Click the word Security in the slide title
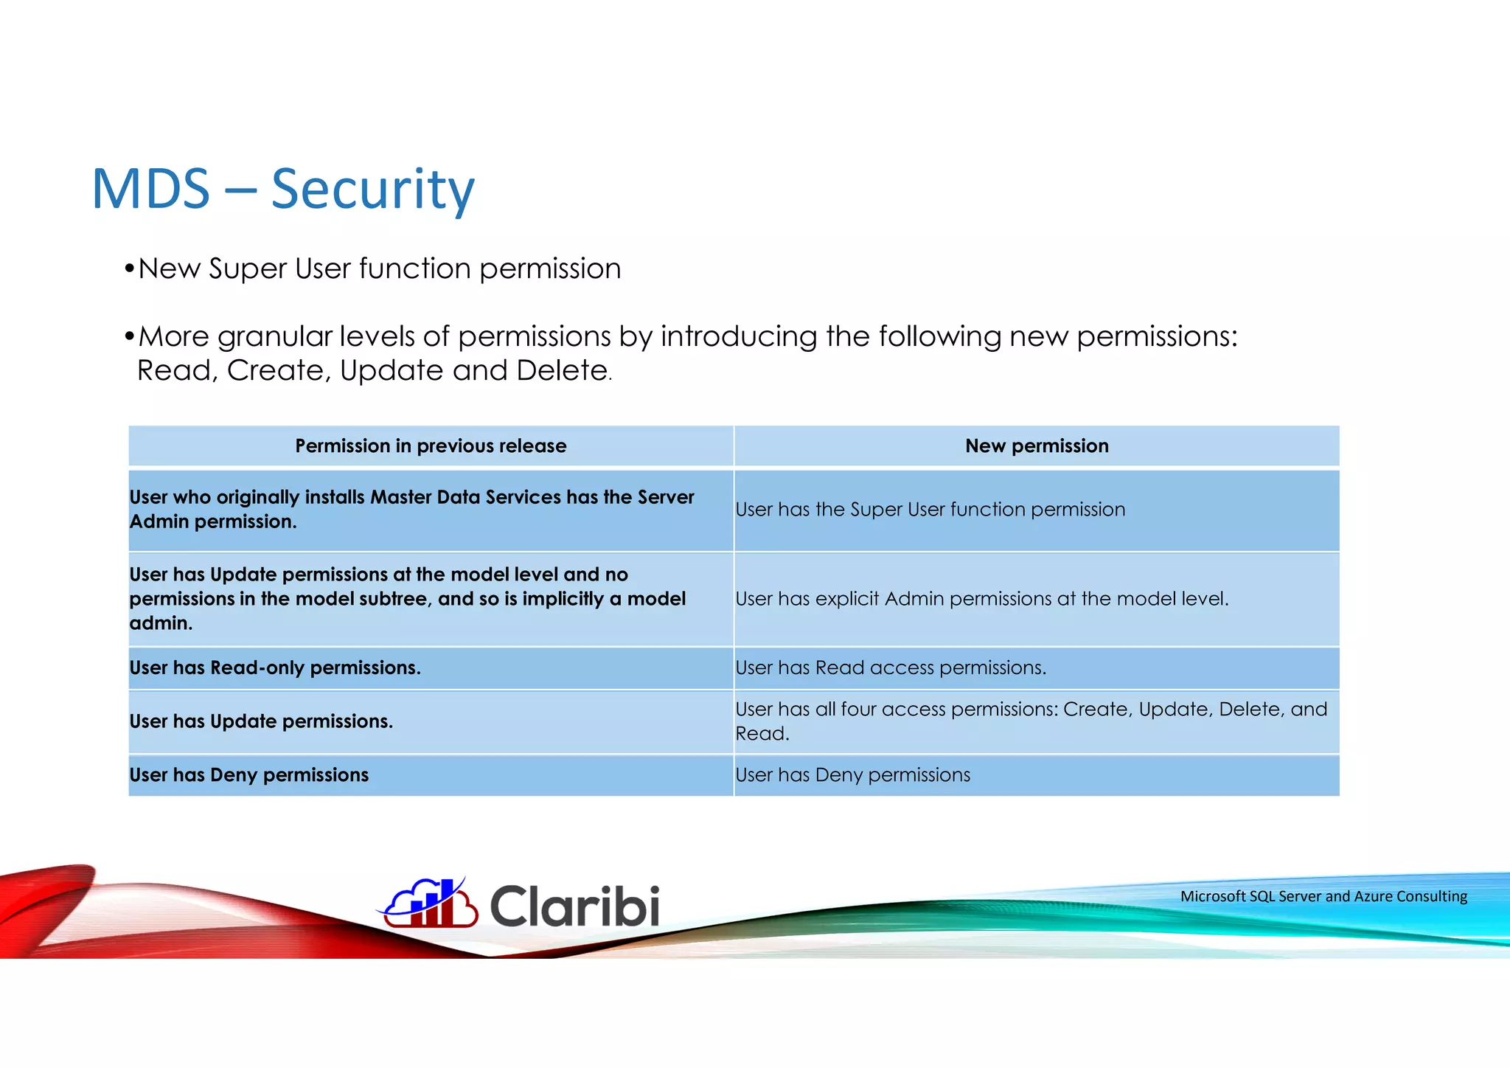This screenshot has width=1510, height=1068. point(372,190)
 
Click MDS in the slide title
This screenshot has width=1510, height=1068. point(151,190)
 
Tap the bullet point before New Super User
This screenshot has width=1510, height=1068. point(129,268)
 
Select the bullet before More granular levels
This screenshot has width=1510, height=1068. point(129,337)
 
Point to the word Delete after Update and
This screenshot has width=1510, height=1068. point(561,370)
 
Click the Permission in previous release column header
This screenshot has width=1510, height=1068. point(431,445)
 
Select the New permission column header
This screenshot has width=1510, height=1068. point(1036,445)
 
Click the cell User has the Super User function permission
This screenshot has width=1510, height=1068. point(930,510)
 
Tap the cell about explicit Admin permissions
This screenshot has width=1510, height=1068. point(981,598)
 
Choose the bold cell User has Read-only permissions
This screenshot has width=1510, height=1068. point(275,667)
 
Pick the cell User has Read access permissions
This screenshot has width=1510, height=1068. point(890,667)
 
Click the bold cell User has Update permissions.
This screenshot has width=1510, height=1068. point(261,721)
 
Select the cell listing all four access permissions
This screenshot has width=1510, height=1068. point(1030,721)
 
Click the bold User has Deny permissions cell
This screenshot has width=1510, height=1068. point(248,775)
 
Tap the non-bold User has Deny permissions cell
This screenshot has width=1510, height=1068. point(852,775)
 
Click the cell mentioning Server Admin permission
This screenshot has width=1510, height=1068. point(411,509)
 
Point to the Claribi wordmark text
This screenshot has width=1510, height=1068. point(574,906)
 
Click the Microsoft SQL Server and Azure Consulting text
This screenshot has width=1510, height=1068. point(1323,896)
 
